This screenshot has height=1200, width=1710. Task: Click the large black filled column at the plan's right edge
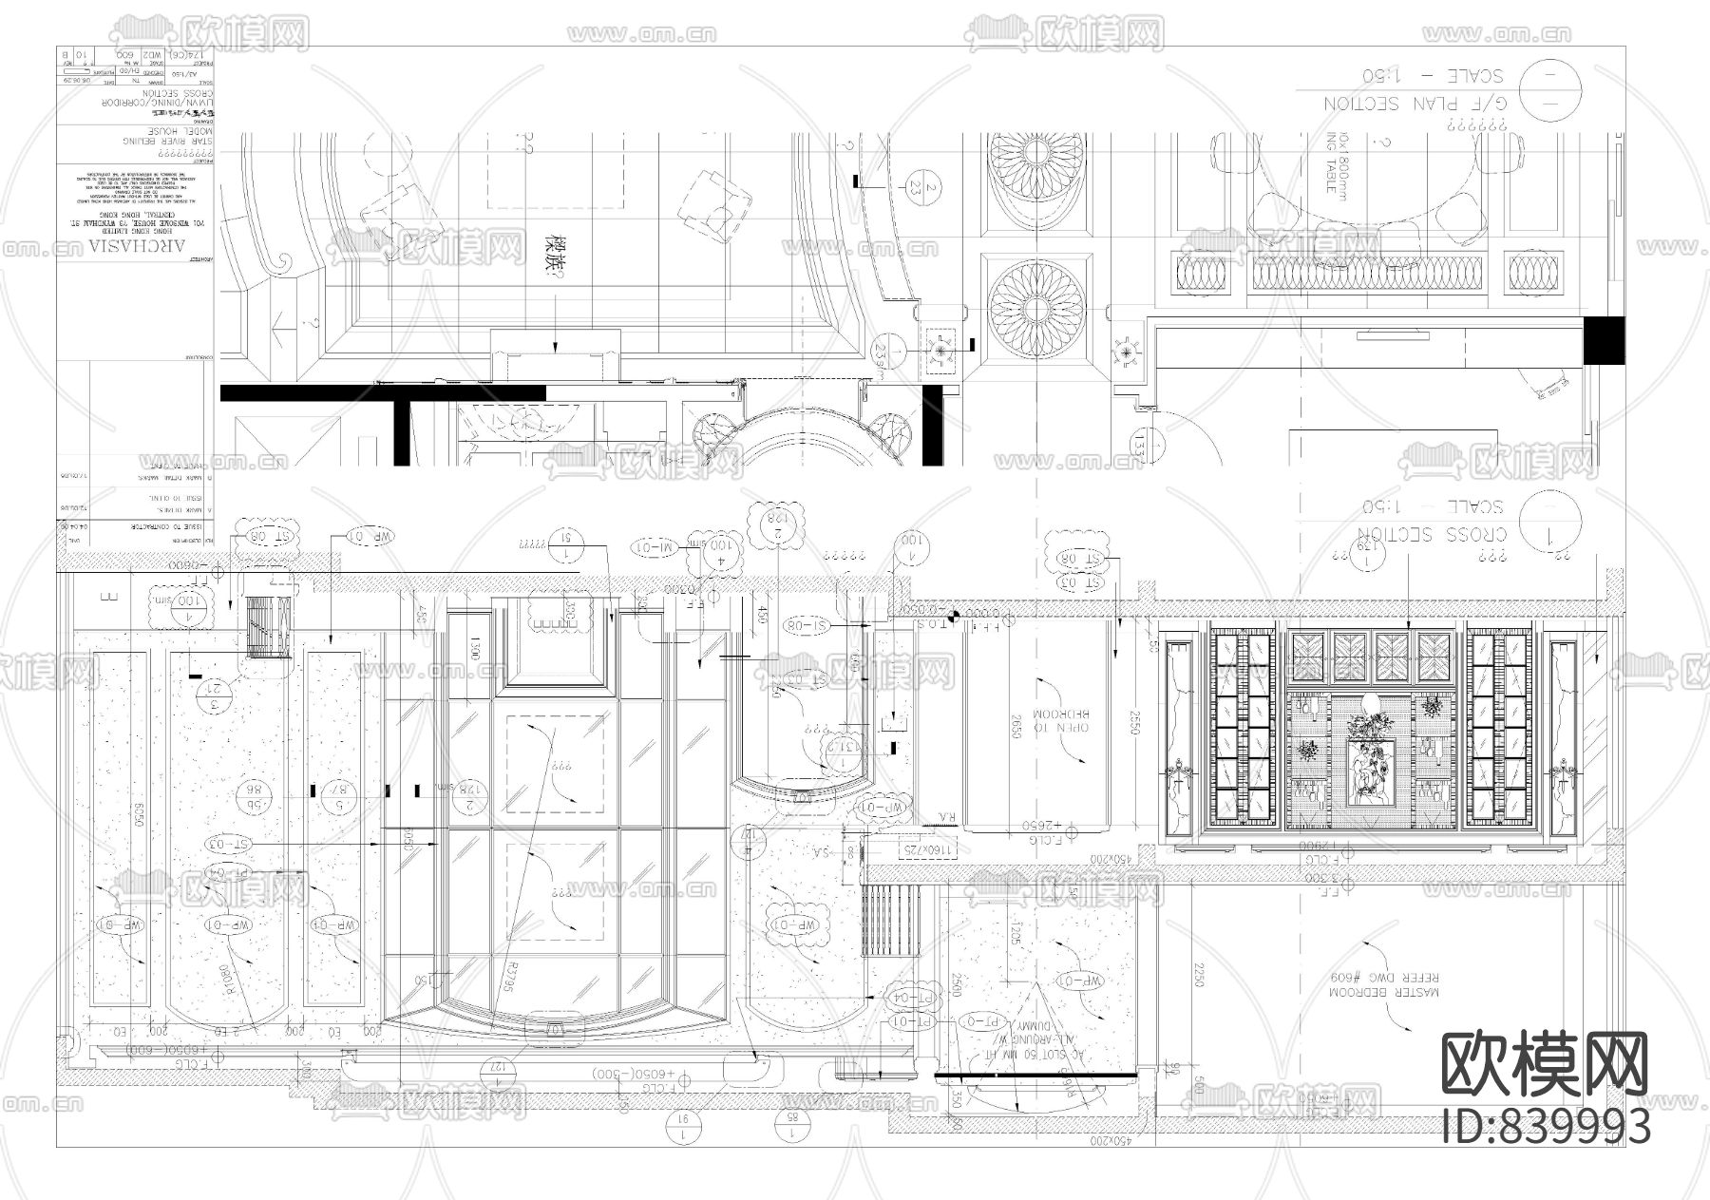click(1605, 339)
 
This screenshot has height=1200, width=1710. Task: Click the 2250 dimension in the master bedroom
click(1198, 973)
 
